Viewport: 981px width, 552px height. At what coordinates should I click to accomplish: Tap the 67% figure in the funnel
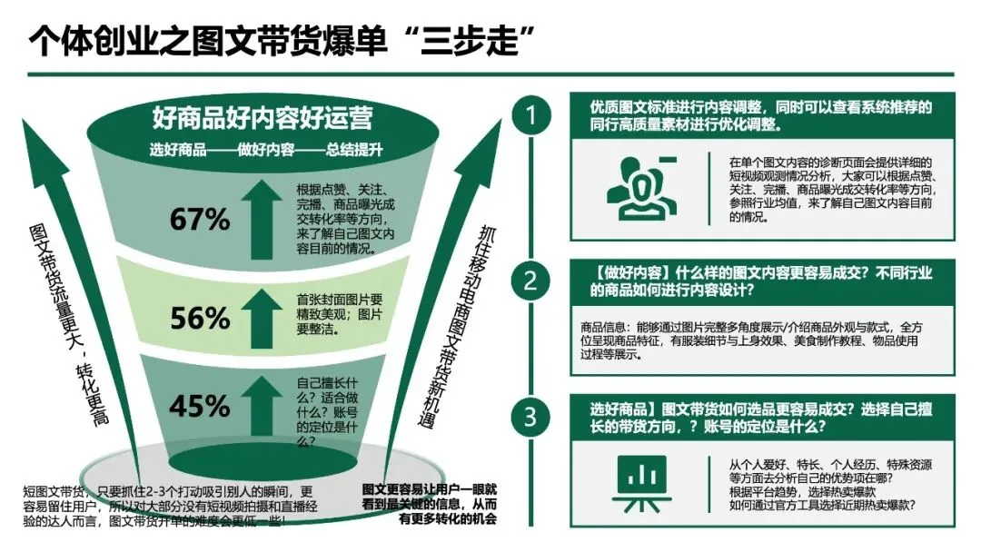[200, 220]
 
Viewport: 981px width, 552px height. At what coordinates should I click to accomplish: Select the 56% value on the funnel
[200, 318]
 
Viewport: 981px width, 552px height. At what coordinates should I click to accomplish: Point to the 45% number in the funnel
[200, 406]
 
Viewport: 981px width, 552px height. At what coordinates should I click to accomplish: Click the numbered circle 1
[530, 116]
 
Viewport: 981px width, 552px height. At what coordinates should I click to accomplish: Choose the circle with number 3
[530, 417]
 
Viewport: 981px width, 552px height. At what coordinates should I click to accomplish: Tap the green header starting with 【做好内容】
[762, 281]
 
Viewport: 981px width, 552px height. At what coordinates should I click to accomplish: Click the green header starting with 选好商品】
[762, 417]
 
